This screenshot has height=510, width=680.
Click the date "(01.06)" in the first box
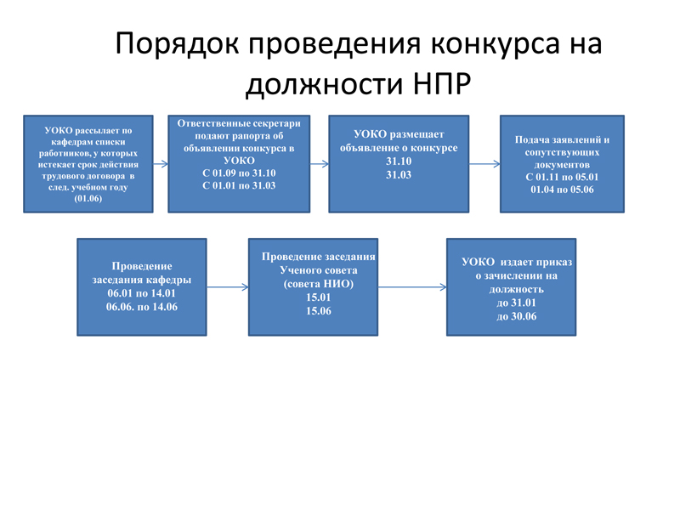coord(88,197)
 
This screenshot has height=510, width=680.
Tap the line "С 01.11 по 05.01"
coord(562,177)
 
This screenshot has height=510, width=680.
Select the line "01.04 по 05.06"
coord(562,190)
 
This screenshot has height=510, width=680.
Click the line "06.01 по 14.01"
coord(141,293)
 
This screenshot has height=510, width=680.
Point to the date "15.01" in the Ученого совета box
coord(318,297)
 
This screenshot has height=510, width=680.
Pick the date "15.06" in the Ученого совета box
coord(318,311)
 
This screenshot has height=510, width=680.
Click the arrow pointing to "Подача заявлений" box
coord(484,163)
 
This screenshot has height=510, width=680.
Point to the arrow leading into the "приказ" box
coord(411,287)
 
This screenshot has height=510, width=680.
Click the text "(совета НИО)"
coord(318,284)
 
